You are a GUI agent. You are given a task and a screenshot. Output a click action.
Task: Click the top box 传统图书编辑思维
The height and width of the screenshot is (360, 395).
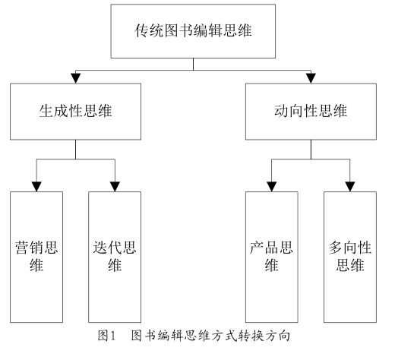(193, 31)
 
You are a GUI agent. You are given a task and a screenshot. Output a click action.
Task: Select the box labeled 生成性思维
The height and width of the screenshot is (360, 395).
(75, 112)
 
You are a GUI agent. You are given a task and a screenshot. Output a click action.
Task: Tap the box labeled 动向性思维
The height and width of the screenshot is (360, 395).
(311, 112)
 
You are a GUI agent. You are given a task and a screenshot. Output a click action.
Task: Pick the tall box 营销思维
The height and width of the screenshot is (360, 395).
(36, 257)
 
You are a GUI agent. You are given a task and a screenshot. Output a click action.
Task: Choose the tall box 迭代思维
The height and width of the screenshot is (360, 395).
(115, 257)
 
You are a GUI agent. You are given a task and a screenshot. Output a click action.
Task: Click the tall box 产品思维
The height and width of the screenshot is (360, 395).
(272, 257)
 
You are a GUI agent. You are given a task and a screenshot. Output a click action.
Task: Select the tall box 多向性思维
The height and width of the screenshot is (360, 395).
(350, 257)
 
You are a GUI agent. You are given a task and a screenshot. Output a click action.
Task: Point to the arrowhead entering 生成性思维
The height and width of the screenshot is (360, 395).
(75, 78)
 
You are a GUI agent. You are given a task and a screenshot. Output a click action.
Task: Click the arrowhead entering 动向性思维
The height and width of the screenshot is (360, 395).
(311, 78)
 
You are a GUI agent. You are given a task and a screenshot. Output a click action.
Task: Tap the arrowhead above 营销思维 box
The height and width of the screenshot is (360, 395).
(36, 187)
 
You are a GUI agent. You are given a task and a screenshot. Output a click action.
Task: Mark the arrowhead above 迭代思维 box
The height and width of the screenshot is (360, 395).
(115, 187)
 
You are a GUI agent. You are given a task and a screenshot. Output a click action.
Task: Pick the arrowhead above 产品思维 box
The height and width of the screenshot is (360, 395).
(272, 187)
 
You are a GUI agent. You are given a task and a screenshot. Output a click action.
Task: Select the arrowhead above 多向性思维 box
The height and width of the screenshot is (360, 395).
(350, 187)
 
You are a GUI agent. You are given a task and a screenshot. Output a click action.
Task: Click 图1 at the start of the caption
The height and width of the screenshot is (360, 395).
(106, 336)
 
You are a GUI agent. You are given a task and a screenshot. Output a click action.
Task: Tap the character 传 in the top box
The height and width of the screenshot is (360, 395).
(141, 30)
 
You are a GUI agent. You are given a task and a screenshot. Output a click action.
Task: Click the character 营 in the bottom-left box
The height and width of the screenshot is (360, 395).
(21, 248)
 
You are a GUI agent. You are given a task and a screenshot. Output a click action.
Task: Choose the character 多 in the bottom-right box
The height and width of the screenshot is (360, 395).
(336, 248)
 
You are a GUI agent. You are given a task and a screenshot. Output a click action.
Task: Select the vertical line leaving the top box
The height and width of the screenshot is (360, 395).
(193, 65)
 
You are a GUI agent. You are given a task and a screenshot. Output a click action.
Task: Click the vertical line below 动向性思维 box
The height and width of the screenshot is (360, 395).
(311, 150)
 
